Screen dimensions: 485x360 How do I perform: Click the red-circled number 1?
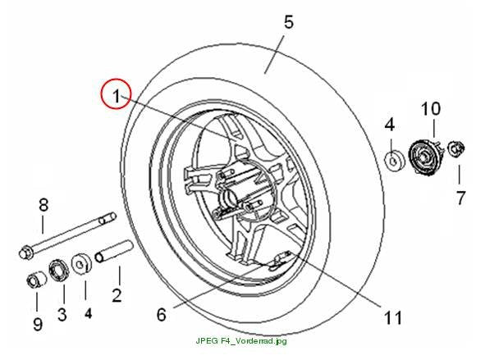117,95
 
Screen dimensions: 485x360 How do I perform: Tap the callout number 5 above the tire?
288,23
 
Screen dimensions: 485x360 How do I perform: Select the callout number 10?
431,109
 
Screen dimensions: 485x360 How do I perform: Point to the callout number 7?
460,198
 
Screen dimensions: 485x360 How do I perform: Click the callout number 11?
393,317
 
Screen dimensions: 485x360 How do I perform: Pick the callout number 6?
162,315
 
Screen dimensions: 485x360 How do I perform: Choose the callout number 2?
117,295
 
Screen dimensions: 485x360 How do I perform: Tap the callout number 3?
62,314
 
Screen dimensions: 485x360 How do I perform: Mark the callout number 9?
38,324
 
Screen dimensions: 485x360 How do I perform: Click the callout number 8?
43,205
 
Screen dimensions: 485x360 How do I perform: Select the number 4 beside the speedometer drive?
390,125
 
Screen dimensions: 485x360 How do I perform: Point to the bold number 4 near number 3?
88,313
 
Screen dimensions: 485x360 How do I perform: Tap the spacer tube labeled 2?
114,251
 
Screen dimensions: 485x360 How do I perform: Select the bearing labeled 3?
59,271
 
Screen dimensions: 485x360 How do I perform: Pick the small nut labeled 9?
36,280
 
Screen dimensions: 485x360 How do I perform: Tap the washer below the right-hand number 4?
394,161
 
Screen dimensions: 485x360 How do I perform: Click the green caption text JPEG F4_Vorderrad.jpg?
241,341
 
